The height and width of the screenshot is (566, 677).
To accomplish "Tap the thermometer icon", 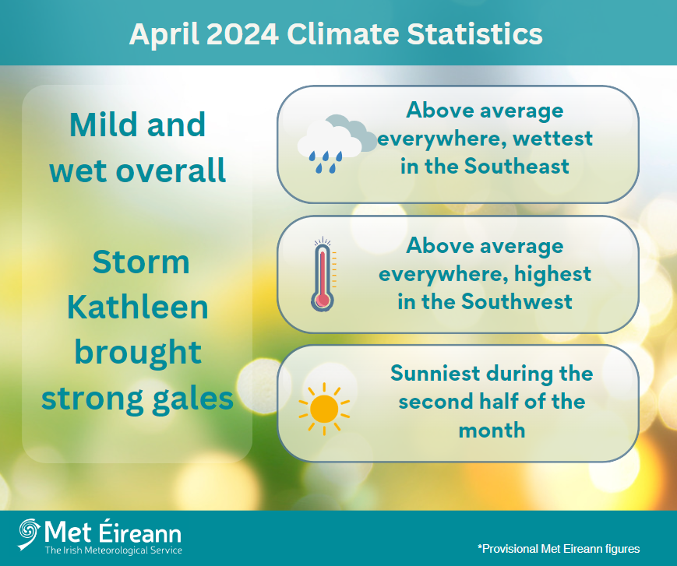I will [322, 275].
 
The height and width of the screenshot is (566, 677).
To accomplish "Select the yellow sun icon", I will [323, 406].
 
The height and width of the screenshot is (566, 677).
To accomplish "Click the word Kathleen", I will [138, 308].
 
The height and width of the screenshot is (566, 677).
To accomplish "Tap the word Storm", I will [141, 262].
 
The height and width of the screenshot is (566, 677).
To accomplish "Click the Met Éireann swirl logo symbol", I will [29, 535].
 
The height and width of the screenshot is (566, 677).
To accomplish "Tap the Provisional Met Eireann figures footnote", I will [558, 548].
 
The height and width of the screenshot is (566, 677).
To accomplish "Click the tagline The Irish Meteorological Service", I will [113, 550].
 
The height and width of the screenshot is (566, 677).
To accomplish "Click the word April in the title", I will [162, 34].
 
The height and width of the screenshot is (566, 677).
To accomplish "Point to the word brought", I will [138, 353].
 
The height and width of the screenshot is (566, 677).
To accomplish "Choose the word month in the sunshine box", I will [492, 430].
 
